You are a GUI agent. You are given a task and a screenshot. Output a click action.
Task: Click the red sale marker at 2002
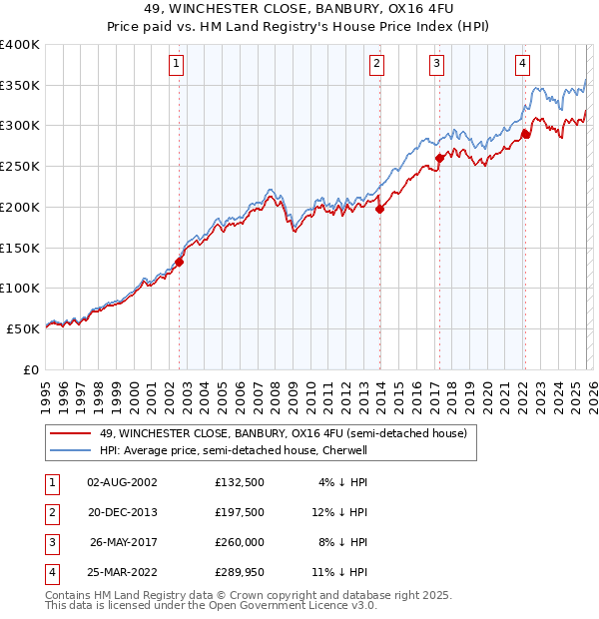(180, 262)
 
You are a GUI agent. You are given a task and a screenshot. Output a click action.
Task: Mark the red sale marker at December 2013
(380, 209)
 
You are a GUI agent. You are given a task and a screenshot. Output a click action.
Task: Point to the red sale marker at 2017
(440, 158)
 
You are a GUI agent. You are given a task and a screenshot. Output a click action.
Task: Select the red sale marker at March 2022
(525, 134)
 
